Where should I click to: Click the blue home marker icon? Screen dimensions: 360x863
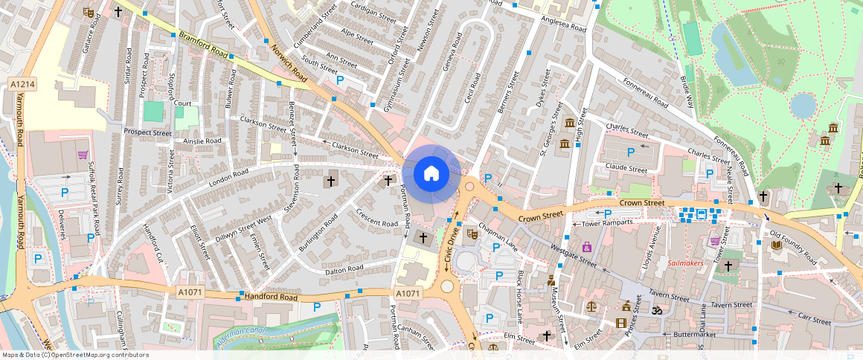431,174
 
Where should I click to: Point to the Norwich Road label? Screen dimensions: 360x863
289,62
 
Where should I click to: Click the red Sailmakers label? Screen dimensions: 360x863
685,263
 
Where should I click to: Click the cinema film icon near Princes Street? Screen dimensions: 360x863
620,323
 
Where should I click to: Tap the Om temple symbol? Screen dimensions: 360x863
656,309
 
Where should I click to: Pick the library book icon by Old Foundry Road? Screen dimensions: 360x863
776,245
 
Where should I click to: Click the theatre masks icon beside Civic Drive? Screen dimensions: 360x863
471,234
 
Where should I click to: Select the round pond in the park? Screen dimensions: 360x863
803,105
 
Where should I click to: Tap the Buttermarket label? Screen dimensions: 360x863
673,335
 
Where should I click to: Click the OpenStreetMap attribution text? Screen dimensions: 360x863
75,355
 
